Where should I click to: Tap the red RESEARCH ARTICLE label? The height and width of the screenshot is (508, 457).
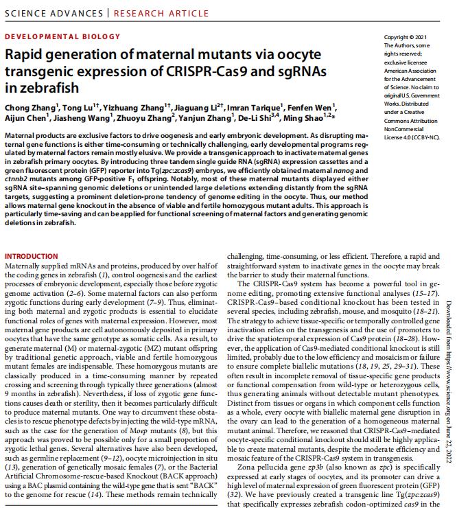[x=161, y=13]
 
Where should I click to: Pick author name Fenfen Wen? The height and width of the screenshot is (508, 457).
[x=312, y=108]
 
